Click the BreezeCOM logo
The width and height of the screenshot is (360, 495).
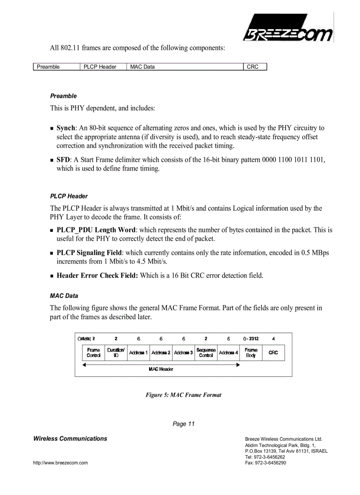[x=288, y=28]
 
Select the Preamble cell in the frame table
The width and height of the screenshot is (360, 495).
[x=57, y=67]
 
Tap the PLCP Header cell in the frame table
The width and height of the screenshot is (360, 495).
[x=104, y=67]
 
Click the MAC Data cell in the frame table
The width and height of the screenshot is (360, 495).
[x=185, y=67]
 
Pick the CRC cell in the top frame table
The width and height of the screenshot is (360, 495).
[x=255, y=67]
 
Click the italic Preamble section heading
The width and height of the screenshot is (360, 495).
[x=63, y=96]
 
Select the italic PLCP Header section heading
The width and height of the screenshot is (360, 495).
[x=69, y=196]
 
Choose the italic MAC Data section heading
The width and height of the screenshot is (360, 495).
[x=64, y=296]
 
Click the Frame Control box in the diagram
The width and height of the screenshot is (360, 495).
[x=94, y=353]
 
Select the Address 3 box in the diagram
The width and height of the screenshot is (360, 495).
[x=184, y=353]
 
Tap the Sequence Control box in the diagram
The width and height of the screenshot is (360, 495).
[x=206, y=353]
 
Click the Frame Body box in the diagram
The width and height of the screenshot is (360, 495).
[x=251, y=353]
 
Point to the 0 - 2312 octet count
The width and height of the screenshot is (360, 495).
[x=251, y=339]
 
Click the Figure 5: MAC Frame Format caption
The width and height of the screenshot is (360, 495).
[x=184, y=395]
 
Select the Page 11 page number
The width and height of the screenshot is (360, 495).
[x=184, y=424]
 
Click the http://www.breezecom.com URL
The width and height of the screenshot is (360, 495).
[x=60, y=463]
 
